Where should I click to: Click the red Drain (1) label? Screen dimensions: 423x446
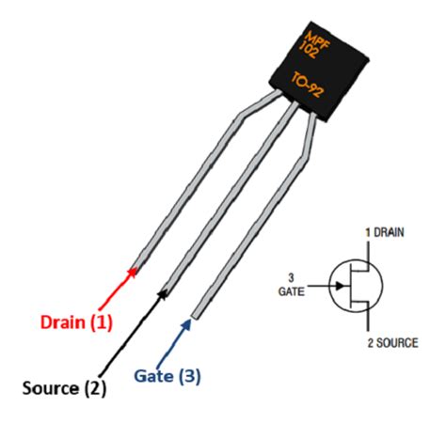point(76,322)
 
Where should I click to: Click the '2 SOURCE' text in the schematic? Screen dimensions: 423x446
point(390,343)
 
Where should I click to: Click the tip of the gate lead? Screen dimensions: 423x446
point(195,314)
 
